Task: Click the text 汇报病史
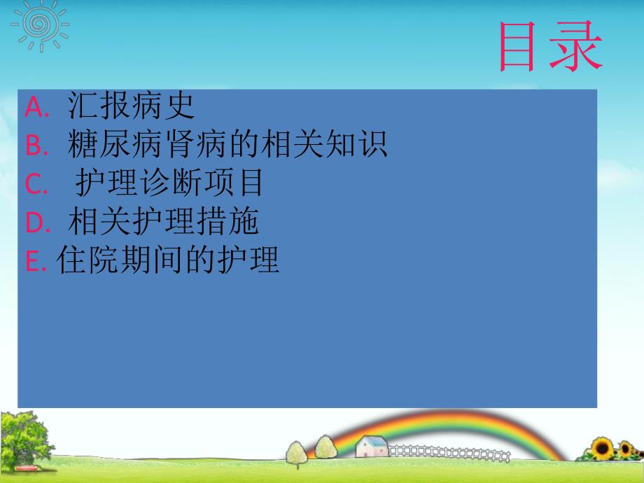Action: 131,106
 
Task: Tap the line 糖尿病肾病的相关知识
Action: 227,145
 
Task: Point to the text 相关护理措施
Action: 163,222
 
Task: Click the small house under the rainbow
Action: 371,446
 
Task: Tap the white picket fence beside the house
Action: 448,452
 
